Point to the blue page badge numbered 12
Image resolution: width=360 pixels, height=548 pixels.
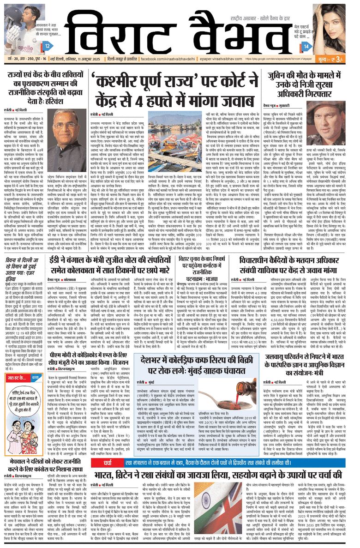pyautogui.click(x=48, y=46)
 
